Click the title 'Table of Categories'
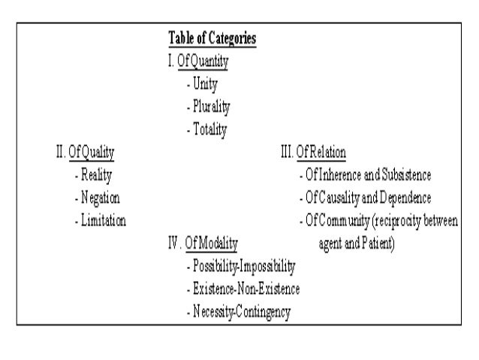click(213, 38)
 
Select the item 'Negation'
click(101, 198)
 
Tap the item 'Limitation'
click(104, 221)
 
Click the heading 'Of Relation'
click(321, 152)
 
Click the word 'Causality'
click(343, 198)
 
